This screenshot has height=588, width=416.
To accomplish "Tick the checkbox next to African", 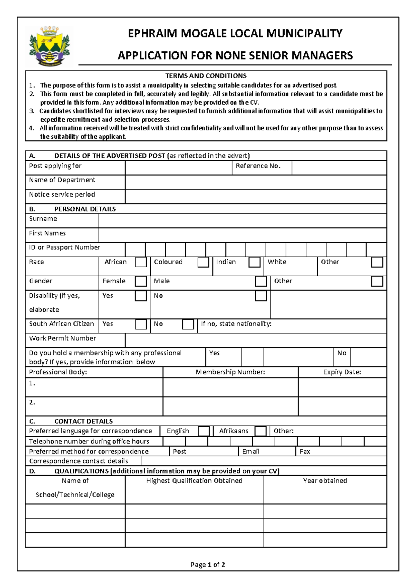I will (x=141, y=262).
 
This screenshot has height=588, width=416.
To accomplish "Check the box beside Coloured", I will (x=203, y=262).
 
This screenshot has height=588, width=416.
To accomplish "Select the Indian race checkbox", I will (x=254, y=262).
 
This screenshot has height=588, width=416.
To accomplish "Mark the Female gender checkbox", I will (x=141, y=281).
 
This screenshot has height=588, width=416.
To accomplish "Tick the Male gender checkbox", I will (x=261, y=281).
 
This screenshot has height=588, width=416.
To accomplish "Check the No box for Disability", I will (x=261, y=296).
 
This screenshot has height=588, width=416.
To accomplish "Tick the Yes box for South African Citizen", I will (x=141, y=324).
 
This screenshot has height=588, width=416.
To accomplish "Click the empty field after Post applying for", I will (x=178, y=168).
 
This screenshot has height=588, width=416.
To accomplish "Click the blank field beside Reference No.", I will (x=339, y=168).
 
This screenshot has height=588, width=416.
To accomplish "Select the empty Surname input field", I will (x=242, y=220).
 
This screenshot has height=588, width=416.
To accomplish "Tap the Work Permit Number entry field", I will (x=255, y=340).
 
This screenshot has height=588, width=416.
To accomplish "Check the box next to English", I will (x=203, y=431).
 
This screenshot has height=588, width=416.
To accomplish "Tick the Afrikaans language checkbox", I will (x=260, y=431).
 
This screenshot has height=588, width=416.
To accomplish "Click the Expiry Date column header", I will (x=342, y=372).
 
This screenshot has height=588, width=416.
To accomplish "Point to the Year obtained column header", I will (x=325, y=481).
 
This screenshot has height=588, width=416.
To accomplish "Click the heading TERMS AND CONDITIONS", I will (x=206, y=76).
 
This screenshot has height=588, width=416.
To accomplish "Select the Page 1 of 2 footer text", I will (x=208, y=564).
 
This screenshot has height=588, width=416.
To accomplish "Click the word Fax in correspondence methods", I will (x=305, y=451).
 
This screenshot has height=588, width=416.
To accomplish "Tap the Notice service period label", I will (x=62, y=194).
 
